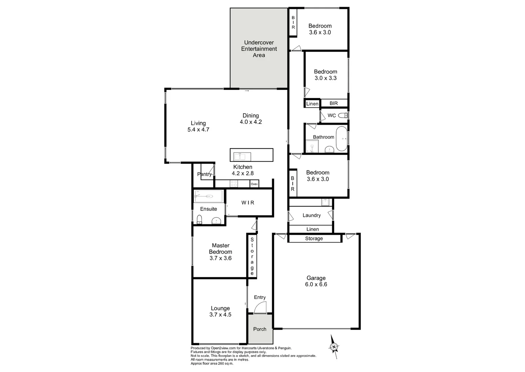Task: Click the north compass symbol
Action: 334,347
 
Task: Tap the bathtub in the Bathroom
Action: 341,139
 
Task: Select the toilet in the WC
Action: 343,115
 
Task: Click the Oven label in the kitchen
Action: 254,184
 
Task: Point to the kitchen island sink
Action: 240,157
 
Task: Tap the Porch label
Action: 260,329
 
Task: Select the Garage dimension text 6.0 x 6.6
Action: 316,285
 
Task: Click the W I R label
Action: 248,203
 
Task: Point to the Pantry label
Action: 204,174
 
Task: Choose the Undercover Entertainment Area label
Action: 259,49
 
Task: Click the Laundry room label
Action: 311,215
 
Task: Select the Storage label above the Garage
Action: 314,238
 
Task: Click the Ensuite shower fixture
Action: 209,197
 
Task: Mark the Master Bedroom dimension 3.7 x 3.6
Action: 220,258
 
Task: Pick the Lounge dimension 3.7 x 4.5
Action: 220,314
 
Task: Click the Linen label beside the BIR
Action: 312,104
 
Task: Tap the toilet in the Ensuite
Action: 199,219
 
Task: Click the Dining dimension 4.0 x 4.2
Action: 251,122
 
